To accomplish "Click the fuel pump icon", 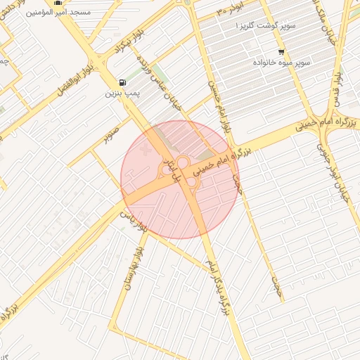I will [124, 82].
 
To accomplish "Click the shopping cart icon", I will [281, 52].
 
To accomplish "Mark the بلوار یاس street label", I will [141, 227].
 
